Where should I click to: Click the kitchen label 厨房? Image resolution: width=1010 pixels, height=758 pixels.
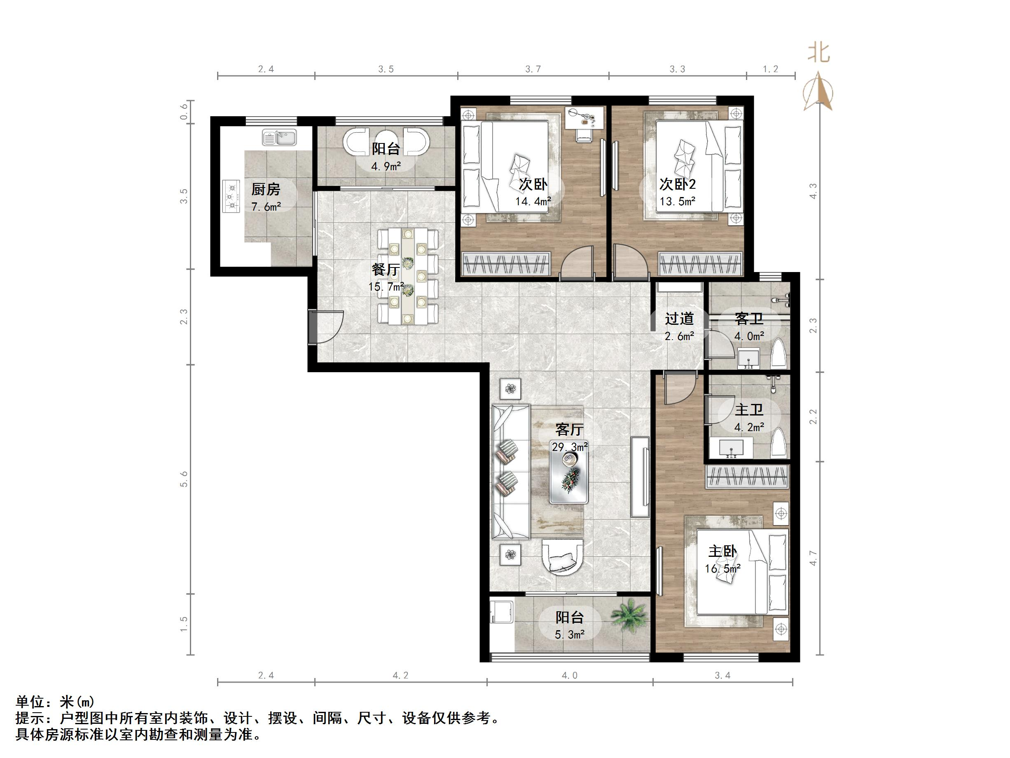pyautogui.click(x=265, y=189)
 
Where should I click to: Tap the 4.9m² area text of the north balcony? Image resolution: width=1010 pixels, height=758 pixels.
pyautogui.click(x=386, y=166)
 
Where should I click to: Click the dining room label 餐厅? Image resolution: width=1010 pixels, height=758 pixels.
pyautogui.click(x=386, y=269)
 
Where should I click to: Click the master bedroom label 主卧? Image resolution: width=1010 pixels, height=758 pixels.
pyautogui.click(x=722, y=551)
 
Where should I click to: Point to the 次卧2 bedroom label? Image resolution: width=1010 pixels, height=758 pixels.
pyautogui.click(x=677, y=184)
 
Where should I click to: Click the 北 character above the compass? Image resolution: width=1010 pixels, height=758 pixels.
pyautogui.click(x=818, y=52)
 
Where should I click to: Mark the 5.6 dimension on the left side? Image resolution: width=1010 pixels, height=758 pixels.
pyautogui.click(x=184, y=479)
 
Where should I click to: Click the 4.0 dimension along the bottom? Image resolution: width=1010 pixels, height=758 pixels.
pyautogui.click(x=569, y=675)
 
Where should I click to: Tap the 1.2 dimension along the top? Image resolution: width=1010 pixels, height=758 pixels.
pyautogui.click(x=770, y=69)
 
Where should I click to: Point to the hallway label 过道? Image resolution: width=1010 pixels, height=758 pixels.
pyautogui.click(x=679, y=318)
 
